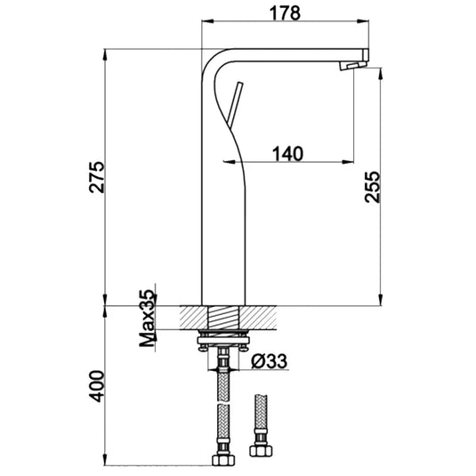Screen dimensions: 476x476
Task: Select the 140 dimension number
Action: tap(286, 152)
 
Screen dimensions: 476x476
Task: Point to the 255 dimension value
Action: tap(374, 186)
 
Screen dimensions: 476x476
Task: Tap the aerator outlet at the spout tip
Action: tap(354, 65)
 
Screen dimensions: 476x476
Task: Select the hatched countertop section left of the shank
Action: tap(192, 317)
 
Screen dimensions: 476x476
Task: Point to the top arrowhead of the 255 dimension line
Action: tap(383, 74)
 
